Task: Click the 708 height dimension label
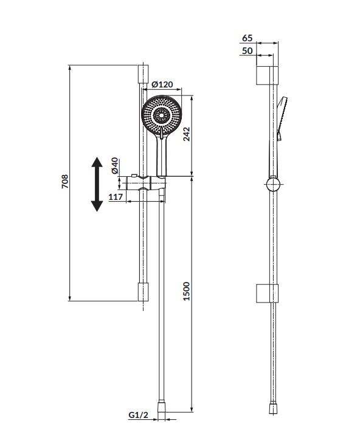(x=65, y=182)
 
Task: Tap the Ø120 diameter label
(x=162, y=84)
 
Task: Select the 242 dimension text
(x=186, y=134)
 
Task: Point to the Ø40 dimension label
(x=115, y=166)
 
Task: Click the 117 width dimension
(x=116, y=197)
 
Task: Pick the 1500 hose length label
(x=186, y=292)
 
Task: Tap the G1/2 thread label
(x=138, y=415)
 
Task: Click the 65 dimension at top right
(x=247, y=38)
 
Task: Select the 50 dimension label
(x=247, y=51)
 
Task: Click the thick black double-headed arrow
(x=97, y=184)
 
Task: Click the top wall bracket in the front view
(x=143, y=74)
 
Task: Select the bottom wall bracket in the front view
(x=143, y=292)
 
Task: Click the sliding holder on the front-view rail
(x=146, y=183)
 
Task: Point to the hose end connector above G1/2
(x=161, y=411)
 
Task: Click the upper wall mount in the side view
(x=268, y=75)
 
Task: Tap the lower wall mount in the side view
(x=268, y=293)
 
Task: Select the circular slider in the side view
(x=273, y=185)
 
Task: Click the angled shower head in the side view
(x=282, y=118)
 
